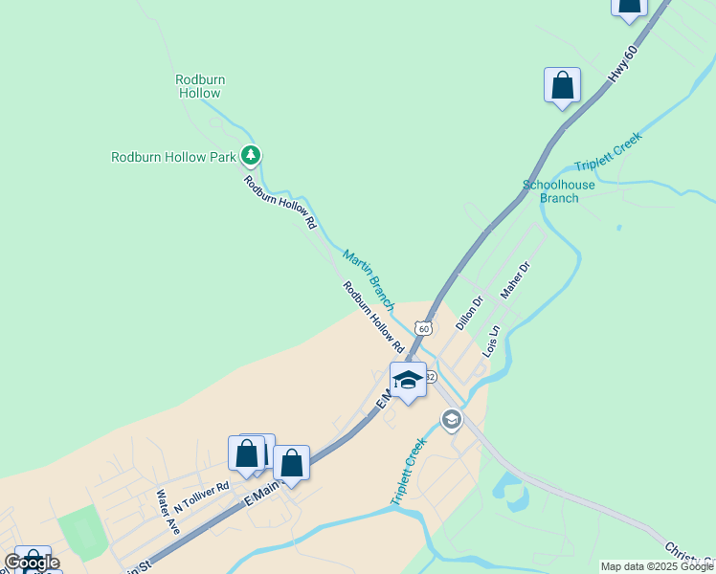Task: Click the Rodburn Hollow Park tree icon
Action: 251,154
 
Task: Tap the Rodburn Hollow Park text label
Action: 173,157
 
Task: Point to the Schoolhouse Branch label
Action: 559,191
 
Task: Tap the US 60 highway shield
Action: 422,328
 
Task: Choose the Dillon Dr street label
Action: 469,313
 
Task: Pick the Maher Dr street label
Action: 514,280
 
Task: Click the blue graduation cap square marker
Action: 408,380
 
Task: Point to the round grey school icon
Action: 451,419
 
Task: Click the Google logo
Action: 32,563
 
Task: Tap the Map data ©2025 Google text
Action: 657,566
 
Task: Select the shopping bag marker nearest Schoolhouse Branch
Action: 562,85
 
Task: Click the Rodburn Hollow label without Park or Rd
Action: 198,86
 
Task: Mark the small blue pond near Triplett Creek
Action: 509,491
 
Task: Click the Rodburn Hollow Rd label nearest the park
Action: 280,202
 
